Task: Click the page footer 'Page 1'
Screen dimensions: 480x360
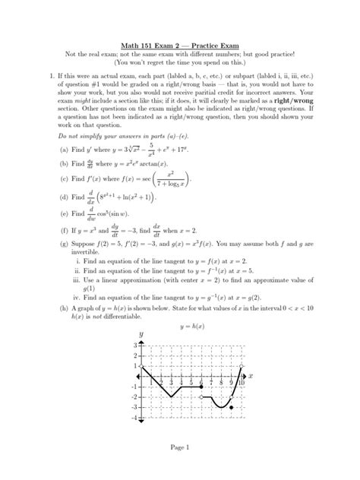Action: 180,447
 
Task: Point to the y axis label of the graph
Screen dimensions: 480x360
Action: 140,335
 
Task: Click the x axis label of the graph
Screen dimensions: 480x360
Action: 251,376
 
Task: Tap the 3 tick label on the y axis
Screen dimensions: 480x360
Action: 134,346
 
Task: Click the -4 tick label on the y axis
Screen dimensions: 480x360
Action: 133,418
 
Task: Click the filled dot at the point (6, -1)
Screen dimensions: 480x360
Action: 201,387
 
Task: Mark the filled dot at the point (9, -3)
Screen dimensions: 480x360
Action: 231,408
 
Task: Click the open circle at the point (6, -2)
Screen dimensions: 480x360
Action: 201,397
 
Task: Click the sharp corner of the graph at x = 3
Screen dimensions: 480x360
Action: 171,396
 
